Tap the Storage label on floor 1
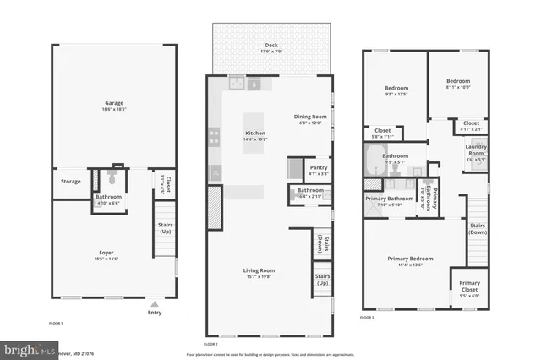click(70, 180)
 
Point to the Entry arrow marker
click(154, 303)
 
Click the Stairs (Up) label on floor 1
click(166, 228)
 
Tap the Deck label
click(271, 49)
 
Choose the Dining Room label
click(309, 118)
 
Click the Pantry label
click(318, 168)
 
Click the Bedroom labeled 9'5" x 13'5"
click(396, 90)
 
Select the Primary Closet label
click(468, 290)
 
